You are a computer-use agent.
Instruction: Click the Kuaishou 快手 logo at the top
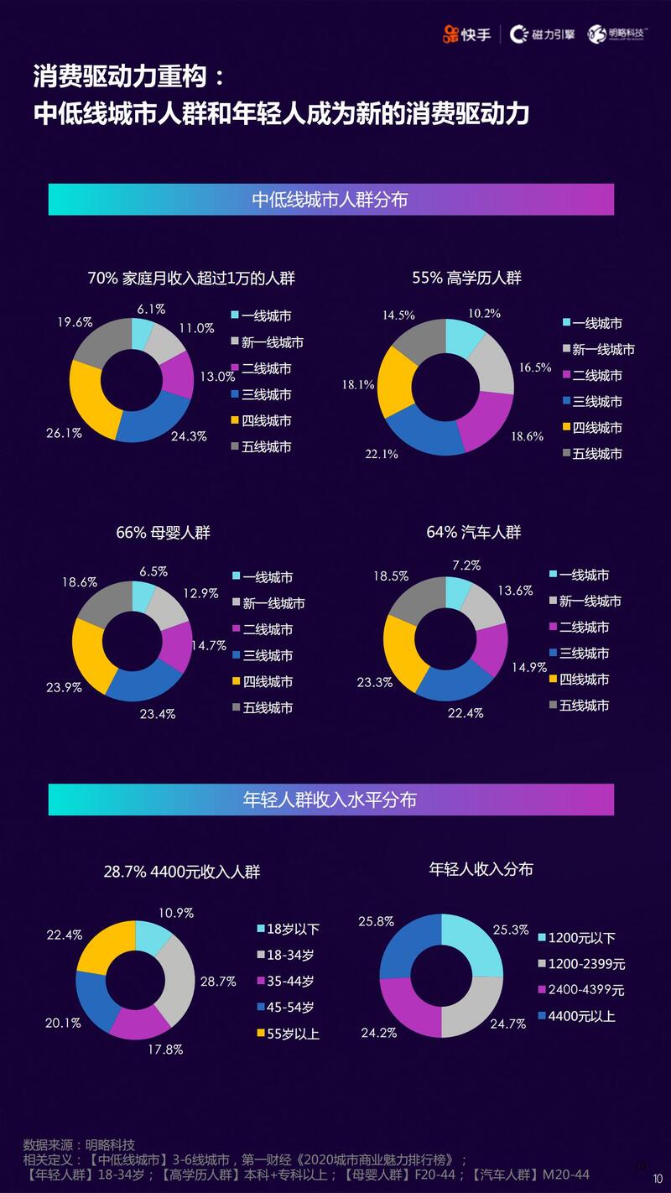tap(467, 34)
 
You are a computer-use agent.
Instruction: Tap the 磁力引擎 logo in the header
tap(543, 34)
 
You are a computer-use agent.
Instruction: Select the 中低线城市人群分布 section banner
tap(330, 200)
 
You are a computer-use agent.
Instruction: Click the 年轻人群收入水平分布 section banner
tap(330, 800)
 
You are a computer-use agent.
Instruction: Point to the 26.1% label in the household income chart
tap(64, 433)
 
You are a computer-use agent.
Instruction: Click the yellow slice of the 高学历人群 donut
tap(393, 383)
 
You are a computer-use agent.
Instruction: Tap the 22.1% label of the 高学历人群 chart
tap(382, 454)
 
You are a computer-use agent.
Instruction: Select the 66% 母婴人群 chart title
tap(163, 532)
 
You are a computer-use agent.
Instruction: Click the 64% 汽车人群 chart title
tap(473, 532)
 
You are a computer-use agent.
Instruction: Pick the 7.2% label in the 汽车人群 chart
tap(466, 565)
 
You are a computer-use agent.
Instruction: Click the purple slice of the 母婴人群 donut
tap(178, 646)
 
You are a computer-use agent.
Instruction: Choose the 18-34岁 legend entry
tap(289, 955)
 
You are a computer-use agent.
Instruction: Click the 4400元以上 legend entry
tap(580, 1016)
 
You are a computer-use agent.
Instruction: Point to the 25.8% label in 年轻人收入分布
tap(376, 921)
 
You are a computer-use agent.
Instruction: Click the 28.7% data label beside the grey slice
tap(219, 981)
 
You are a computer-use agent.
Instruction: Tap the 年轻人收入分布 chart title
tap(481, 869)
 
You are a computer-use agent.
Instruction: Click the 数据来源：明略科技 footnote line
tap(79, 1144)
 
